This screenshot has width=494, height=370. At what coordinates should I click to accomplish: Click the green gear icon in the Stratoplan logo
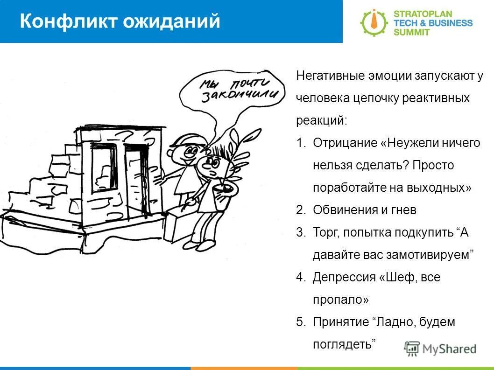click(x=374, y=22)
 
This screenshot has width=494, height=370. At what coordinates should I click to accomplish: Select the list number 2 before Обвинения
click(x=300, y=210)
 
